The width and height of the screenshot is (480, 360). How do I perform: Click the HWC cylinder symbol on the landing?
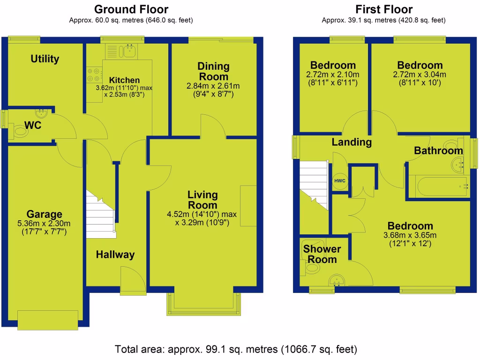pos(338,180)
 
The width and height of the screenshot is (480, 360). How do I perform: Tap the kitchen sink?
pos(127,51)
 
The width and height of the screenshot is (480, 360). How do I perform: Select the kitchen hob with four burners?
pos(94,75)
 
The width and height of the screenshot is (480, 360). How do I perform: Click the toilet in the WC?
pos(20,132)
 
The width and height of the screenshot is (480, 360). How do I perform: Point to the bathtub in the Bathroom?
pos(438,187)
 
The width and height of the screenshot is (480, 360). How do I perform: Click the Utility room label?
pos(45,59)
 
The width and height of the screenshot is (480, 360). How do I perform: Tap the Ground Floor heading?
pos(131,9)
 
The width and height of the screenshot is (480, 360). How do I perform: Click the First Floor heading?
pos(383,9)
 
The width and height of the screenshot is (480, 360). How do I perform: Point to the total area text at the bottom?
pos(236,349)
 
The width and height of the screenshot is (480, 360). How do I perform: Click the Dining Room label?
pos(213,71)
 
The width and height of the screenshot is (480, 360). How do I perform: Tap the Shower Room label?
pos(322,254)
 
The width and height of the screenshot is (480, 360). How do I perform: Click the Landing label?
pos(352,142)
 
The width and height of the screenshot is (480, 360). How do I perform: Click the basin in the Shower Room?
pos(336,281)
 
